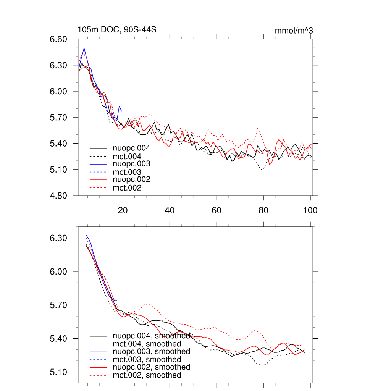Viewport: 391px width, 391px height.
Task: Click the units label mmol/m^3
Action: point(294,31)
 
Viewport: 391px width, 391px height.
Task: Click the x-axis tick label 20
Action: point(123,210)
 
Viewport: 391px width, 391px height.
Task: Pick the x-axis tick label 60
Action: point(217,210)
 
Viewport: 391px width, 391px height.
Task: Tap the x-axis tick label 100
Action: point(310,210)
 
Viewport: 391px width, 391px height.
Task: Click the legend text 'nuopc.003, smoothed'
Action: point(151,351)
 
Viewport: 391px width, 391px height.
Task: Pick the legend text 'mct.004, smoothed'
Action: point(147,344)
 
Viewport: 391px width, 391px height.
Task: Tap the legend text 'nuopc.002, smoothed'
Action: point(151,367)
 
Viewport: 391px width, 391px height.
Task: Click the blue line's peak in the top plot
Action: point(84,48)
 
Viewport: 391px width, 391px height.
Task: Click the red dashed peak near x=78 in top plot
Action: point(258,128)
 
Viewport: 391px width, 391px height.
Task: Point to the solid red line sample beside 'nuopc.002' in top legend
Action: point(98,180)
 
